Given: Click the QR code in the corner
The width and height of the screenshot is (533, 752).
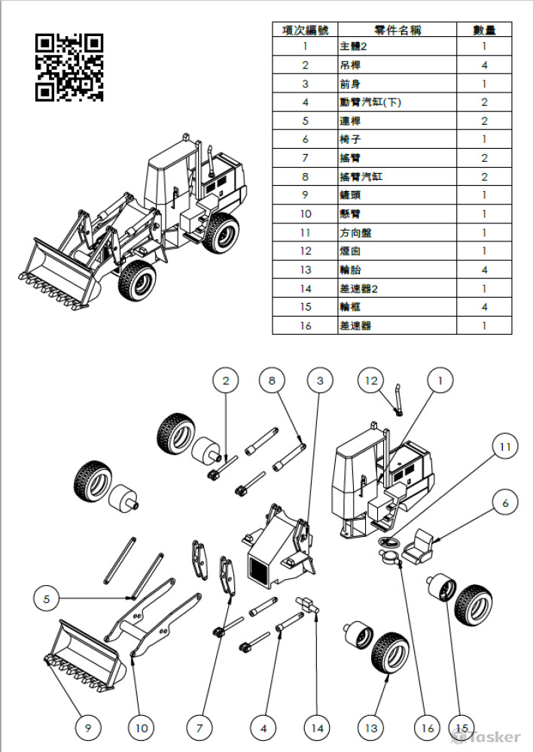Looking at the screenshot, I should [69, 67].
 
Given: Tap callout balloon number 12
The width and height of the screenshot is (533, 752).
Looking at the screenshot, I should [371, 381].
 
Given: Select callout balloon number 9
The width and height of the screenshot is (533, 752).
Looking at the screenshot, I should [88, 727].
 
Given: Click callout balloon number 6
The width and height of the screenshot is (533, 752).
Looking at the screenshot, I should [505, 502].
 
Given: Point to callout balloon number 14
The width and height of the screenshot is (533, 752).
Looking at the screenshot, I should [318, 727].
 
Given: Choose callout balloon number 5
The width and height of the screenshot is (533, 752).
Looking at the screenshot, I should [47, 599].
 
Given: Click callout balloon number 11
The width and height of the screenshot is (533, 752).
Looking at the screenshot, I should [505, 446].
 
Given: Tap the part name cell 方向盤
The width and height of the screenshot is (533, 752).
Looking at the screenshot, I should [397, 233].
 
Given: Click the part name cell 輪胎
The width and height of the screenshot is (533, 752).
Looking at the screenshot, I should [397, 270].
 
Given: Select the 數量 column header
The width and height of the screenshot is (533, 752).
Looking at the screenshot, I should [484, 30].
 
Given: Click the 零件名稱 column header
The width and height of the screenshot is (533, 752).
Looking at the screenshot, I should [397, 30].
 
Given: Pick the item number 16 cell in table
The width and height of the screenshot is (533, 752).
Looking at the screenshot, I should [305, 326].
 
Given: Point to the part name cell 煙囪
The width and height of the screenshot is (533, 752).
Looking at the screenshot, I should [397, 251].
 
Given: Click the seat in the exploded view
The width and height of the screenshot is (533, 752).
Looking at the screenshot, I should [418, 544].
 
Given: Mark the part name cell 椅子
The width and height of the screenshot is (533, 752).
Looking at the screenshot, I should [397, 139].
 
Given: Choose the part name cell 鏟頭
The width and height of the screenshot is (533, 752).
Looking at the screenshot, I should [397, 196].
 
